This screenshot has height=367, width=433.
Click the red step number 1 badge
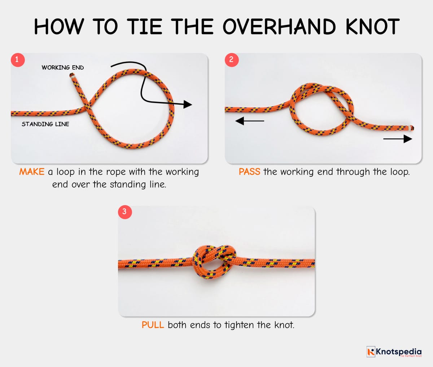pos(18,59)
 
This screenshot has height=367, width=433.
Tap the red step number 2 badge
pos(232,59)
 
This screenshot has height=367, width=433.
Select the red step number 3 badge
pos(125,211)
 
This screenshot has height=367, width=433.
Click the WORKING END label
pos(62,67)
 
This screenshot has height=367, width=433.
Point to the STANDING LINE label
pos(45,124)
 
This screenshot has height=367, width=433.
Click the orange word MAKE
pos(32,172)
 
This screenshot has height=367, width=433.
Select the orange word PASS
pos(249,172)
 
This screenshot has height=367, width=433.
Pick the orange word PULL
pos(153,325)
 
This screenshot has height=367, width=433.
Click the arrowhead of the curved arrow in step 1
pos(188,105)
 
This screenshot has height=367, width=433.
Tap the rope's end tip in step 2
pos(412,128)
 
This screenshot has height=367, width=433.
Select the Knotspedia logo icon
pos(371,351)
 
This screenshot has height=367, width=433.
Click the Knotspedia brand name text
pos(398,351)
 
